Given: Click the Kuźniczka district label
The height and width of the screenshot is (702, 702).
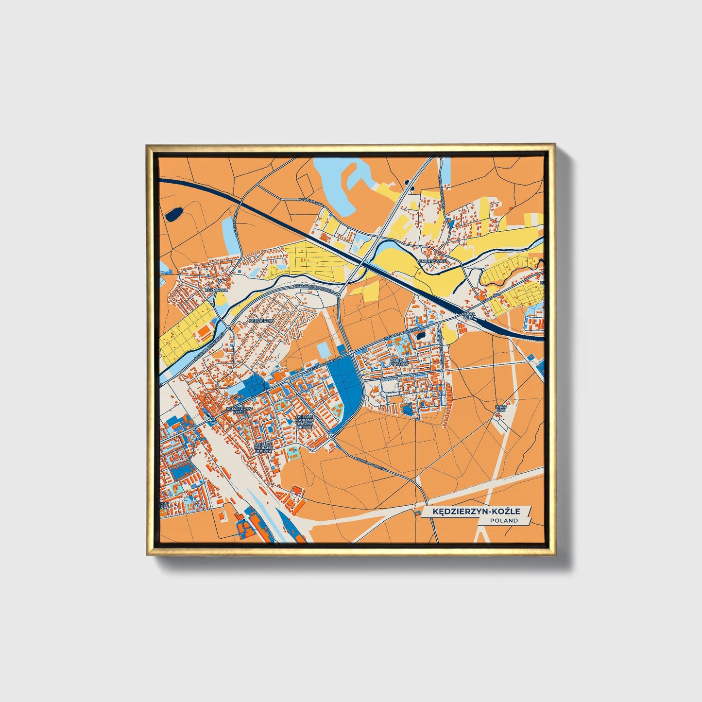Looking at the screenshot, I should coord(216,290).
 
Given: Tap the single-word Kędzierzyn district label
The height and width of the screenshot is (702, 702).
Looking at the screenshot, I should coord(261,321).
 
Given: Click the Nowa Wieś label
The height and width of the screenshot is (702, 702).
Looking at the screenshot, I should coord(468,317).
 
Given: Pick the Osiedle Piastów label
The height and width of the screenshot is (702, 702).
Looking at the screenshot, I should coord(399,362).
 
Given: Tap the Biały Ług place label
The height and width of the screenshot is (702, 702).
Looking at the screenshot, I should coord(500,409).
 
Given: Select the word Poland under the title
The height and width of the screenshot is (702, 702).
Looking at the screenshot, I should coord(504,520).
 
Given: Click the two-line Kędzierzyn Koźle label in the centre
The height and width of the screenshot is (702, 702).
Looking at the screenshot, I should coord(239,411).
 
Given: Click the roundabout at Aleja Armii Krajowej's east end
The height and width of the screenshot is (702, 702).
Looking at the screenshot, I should coord(338,294).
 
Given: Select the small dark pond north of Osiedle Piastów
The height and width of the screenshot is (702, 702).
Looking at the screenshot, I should coord(420,335).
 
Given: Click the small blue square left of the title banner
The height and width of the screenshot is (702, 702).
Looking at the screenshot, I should coord(415,511).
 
